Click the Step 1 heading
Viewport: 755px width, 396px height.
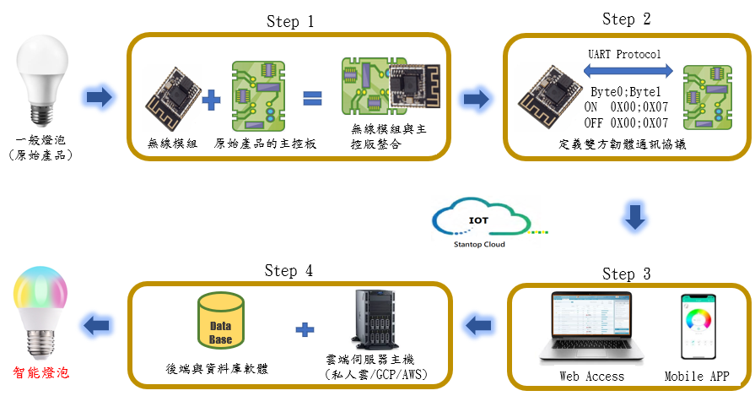(289, 22)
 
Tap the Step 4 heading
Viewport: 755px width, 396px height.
(288, 270)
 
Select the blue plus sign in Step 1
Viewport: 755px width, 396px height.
(212, 101)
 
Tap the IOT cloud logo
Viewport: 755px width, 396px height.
(477, 224)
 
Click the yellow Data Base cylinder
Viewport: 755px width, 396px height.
(221, 323)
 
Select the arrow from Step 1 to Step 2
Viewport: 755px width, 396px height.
(477, 100)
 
